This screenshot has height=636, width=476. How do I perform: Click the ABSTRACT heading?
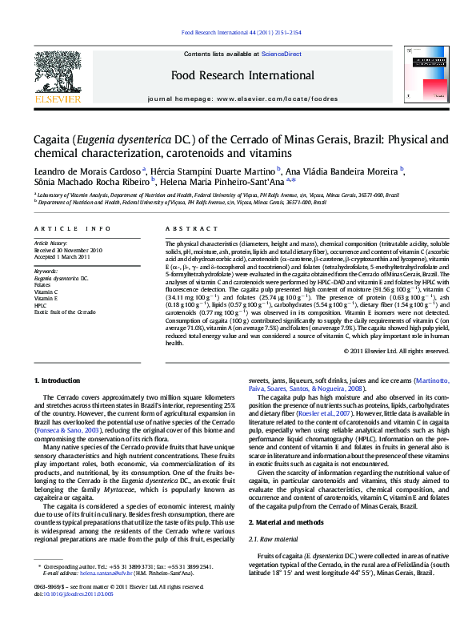[x=181, y=228]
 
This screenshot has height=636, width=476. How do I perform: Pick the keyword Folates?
[x=44, y=284]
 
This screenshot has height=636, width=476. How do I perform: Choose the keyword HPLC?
[x=41, y=305]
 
